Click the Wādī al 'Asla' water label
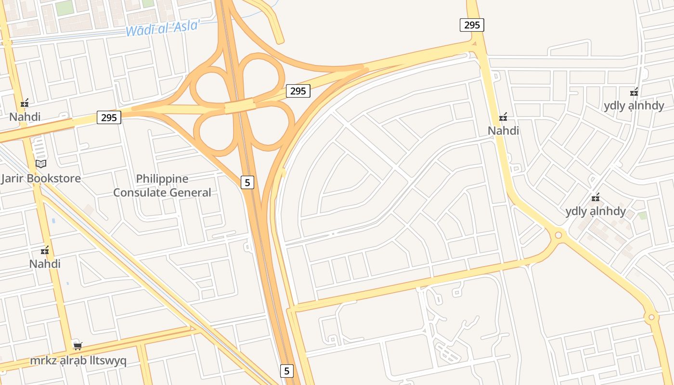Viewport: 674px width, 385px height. (x=162, y=27)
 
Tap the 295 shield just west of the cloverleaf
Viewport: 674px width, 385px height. (x=109, y=117)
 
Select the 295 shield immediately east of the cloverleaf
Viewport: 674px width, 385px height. (x=298, y=90)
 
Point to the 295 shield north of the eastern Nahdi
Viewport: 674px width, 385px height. (x=472, y=25)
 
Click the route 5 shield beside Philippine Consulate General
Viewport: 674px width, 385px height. (x=247, y=182)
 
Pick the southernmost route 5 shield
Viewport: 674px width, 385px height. (x=287, y=371)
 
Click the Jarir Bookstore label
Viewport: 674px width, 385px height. (x=41, y=179)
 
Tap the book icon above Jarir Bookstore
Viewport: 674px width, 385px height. (x=41, y=164)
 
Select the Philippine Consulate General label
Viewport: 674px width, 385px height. (x=162, y=186)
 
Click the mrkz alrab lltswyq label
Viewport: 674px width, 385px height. (x=78, y=360)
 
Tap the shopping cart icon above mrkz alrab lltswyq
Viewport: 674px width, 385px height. (x=78, y=346)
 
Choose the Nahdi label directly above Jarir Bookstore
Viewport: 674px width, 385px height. (x=25, y=116)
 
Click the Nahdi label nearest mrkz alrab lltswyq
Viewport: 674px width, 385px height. (x=45, y=264)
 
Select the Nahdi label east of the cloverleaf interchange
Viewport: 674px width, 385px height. (x=503, y=130)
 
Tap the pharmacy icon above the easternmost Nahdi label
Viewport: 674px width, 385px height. (x=504, y=116)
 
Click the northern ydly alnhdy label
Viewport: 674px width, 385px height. (x=634, y=106)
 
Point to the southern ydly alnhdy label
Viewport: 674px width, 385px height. (x=596, y=211)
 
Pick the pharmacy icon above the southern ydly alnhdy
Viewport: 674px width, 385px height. (x=596, y=197)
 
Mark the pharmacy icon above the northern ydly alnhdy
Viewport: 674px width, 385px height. (x=634, y=91)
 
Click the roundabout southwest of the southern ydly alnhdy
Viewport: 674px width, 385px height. (x=558, y=235)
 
